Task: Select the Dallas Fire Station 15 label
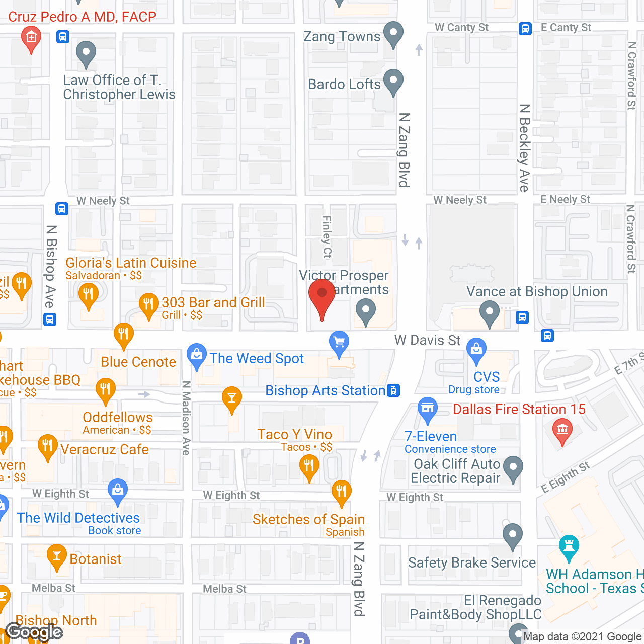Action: pyautogui.click(x=519, y=409)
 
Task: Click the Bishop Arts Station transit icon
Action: pyautogui.click(x=393, y=390)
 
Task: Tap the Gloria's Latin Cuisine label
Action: pyautogui.click(x=131, y=263)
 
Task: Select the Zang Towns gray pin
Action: pyautogui.click(x=393, y=34)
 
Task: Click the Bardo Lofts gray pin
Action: pyautogui.click(x=393, y=81)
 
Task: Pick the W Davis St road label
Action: pyautogui.click(x=427, y=340)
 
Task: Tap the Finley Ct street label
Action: pyautogui.click(x=327, y=236)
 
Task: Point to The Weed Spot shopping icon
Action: pyautogui.click(x=196, y=355)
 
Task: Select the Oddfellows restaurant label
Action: pyautogui.click(x=118, y=417)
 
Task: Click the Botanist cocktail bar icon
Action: pyautogui.click(x=56, y=556)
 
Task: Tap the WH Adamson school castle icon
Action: pyautogui.click(x=569, y=547)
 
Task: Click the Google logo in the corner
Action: pyautogui.click(x=34, y=631)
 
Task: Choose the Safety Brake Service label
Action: pyautogui.click(x=471, y=562)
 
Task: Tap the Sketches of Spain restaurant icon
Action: pyautogui.click(x=341, y=491)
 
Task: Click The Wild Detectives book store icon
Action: pyautogui.click(x=118, y=491)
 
